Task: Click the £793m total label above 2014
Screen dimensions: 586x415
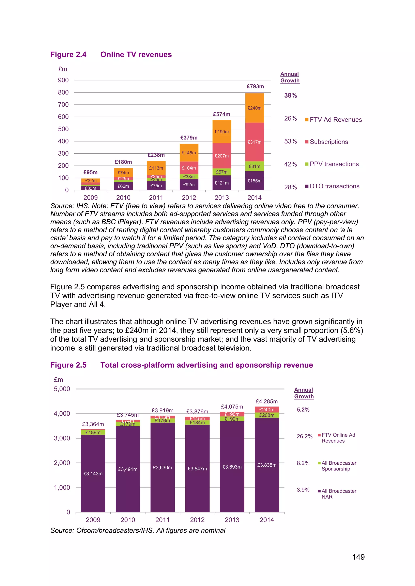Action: [x=255, y=87]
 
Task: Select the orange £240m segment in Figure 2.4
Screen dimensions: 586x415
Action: [x=255, y=108]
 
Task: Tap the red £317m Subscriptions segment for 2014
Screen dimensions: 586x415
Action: [x=255, y=142]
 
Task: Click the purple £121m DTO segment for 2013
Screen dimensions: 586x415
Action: [x=221, y=183]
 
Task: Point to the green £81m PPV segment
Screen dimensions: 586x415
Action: [x=255, y=166]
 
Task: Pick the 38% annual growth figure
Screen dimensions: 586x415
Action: [x=291, y=96]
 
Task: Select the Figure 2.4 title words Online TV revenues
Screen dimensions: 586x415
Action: [x=136, y=55]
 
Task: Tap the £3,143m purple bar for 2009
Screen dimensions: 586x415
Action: [x=93, y=473]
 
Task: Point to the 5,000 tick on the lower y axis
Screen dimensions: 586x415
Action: [x=62, y=389]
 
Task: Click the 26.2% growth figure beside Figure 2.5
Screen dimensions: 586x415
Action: [x=305, y=436]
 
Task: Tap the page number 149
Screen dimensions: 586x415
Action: [x=358, y=557]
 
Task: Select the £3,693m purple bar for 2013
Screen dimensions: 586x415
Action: [x=232, y=467]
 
